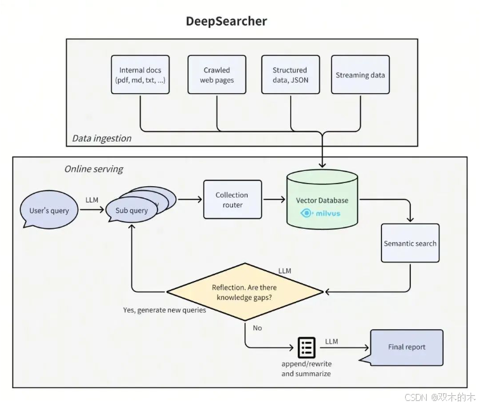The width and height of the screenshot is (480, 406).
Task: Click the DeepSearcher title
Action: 226,21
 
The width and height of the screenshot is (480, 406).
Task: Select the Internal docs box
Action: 140,75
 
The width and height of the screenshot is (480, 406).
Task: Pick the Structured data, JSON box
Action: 290,75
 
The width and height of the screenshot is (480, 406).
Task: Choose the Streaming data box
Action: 360,75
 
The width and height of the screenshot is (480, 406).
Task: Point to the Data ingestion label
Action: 102,138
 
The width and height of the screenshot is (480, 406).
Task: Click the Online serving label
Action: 93,169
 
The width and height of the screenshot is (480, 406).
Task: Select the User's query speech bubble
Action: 49,210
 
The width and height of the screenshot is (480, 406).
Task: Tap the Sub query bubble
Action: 131,210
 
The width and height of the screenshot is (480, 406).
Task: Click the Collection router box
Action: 232,200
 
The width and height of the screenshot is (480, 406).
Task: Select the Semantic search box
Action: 410,243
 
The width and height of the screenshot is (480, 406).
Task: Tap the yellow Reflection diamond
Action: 244,292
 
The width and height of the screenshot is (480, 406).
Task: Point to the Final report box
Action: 406,347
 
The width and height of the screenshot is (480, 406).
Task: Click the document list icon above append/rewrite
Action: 307,347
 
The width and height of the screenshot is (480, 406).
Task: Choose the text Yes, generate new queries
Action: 164,310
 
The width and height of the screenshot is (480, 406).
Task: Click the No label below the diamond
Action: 257,328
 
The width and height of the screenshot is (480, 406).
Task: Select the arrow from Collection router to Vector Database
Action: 273,200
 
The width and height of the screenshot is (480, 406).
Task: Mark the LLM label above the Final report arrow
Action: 331,342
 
